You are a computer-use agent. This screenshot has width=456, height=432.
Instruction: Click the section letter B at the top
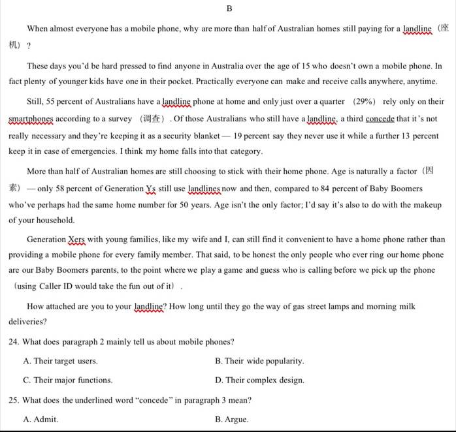pyautogui.click(x=229, y=8)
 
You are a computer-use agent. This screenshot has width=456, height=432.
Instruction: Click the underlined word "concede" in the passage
pyautogui.click(x=380, y=119)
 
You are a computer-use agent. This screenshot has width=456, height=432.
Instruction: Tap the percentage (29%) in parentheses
pyautogui.click(x=365, y=102)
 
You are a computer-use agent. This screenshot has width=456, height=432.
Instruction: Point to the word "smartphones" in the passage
pyautogui.click(x=31, y=119)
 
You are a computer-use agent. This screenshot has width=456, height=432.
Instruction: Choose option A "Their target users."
pyautogui.click(x=60, y=361)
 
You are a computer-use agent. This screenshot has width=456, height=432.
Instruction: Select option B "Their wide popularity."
pyautogui.click(x=259, y=361)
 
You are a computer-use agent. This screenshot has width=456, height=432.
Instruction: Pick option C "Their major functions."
pyautogui.click(x=67, y=380)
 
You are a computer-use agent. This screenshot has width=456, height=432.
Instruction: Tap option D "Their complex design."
pyautogui.click(x=259, y=380)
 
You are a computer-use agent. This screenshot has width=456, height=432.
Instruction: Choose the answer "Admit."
pyautogui.click(x=41, y=419)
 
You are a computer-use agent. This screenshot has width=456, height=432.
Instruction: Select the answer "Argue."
pyautogui.click(x=231, y=419)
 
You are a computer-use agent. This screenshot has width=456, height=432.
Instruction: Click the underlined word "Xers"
pyautogui.click(x=77, y=239)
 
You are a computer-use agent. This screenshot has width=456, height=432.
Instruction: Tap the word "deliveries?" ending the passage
pyautogui.click(x=28, y=322)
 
